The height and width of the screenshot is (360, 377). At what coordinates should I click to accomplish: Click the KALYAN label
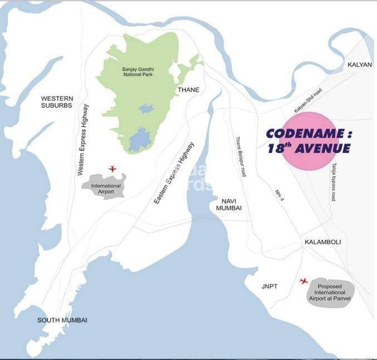(359, 65)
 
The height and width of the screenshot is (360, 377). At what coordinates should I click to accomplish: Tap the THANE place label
(188, 89)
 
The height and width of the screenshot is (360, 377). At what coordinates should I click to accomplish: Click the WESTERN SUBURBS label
(57, 102)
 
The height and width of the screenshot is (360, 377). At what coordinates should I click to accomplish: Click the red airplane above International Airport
(112, 168)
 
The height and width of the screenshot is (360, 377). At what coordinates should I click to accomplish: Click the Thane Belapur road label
(240, 157)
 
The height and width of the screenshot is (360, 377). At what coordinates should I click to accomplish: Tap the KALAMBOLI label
(322, 242)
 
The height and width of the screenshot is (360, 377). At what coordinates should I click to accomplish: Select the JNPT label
(270, 287)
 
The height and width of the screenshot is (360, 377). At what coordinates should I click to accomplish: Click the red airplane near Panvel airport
(303, 281)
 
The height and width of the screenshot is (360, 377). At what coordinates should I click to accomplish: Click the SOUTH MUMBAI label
(62, 320)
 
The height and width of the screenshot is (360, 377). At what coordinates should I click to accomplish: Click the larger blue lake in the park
(140, 138)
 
